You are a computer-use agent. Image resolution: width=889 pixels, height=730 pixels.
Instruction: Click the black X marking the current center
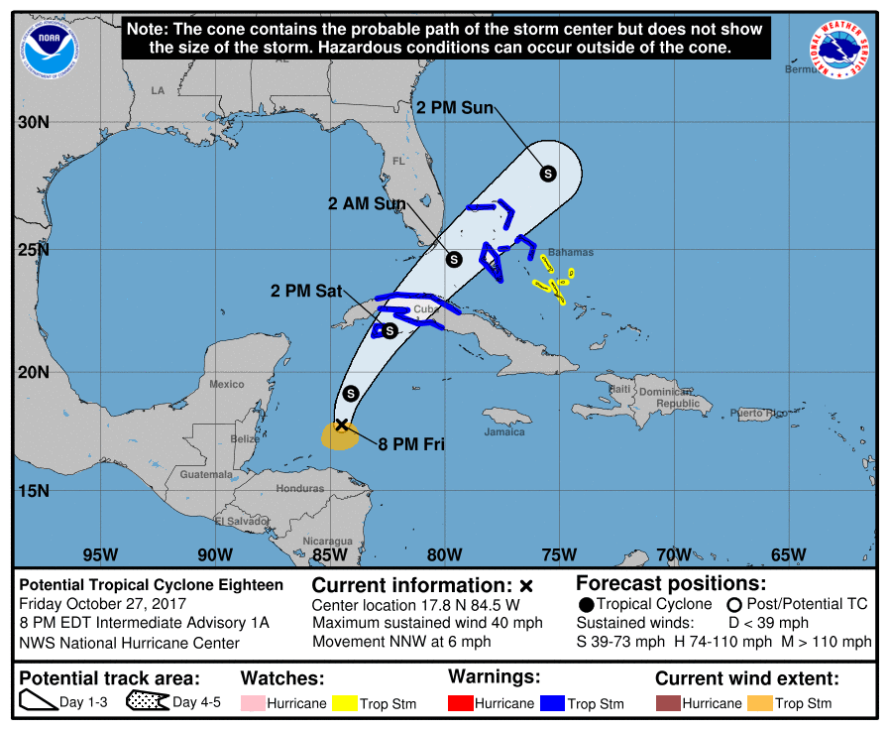click(341, 426)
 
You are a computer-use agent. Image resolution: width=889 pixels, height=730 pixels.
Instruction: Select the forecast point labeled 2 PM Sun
click(547, 174)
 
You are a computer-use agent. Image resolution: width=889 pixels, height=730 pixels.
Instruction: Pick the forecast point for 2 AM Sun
click(454, 259)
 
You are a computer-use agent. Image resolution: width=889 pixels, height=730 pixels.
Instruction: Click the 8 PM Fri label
click(411, 444)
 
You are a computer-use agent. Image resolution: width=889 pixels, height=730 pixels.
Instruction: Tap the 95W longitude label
click(101, 553)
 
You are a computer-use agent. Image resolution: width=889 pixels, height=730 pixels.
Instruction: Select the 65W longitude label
click(788, 553)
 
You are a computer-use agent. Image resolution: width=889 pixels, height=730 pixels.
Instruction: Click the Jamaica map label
click(504, 432)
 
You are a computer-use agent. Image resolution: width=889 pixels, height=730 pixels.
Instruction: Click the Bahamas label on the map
click(571, 252)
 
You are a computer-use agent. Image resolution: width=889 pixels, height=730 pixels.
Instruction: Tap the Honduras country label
click(299, 489)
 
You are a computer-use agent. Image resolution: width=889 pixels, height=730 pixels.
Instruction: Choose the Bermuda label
click(803, 69)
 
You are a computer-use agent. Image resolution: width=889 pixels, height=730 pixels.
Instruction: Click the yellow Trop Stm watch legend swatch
click(346, 703)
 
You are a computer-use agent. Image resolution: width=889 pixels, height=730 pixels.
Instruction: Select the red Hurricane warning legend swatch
click(461, 703)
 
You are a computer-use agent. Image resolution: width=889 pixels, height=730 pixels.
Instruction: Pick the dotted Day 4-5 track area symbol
click(146, 703)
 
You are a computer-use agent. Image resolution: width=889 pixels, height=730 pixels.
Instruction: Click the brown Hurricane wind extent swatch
click(668, 703)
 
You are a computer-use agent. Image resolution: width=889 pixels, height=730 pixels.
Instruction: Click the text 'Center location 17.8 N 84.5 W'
click(415, 604)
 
